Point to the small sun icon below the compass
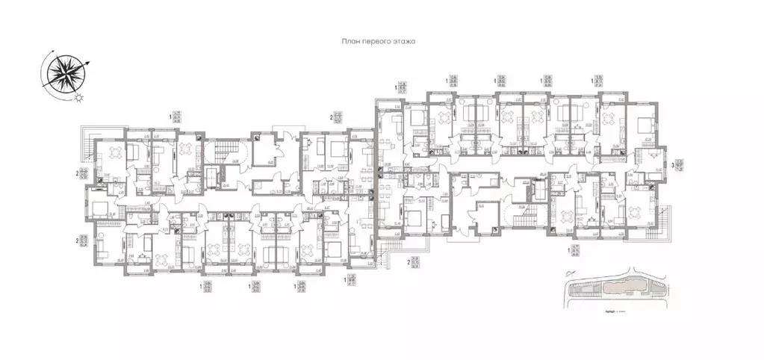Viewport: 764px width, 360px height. [80, 96]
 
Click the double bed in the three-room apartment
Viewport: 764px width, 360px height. [640, 120]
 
